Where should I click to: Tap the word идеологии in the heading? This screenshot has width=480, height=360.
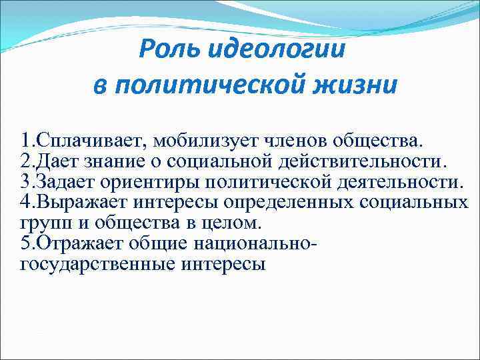[275, 50]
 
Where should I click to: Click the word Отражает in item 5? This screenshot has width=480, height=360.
[78, 244]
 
